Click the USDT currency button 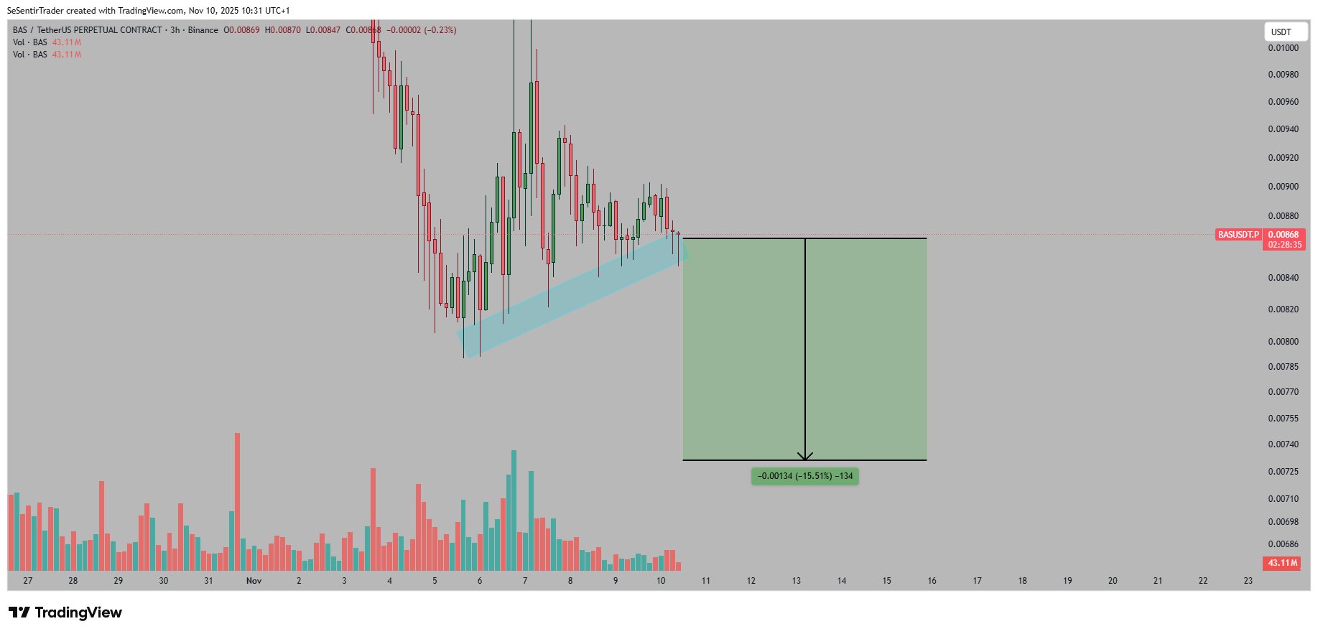pos(1286,32)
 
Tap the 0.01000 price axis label pos(1283,48)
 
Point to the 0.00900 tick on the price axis pos(1283,187)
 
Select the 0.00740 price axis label pos(1283,444)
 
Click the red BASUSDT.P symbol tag pos(1238,235)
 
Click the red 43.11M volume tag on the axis pos(1282,563)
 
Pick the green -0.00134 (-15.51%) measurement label pos(804,476)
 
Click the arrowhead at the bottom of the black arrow pos(805,456)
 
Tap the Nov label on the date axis pos(254,581)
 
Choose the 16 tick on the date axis pos(932,581)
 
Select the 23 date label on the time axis pos(1248,581)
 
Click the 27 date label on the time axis pos(28,581)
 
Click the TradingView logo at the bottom pos(65,612)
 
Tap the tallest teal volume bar pos(514,510)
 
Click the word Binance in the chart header pos(203,30)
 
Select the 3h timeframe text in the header pos(175,30)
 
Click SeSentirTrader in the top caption pos(35,11)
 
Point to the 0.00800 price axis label pos(1283,342)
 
